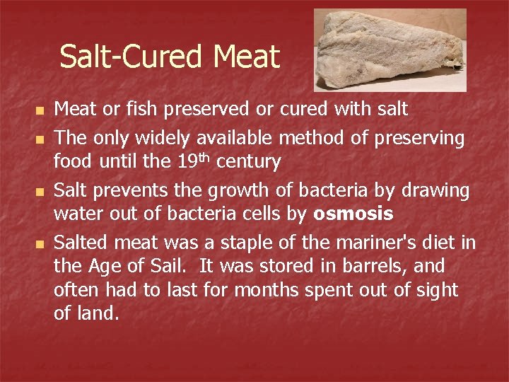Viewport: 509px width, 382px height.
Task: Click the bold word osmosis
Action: coord(353,214)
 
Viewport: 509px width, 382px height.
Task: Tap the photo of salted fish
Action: coord(390,50)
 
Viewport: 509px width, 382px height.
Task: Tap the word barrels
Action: coord(378,267)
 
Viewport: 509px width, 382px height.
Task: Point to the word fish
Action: coord(137,109)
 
